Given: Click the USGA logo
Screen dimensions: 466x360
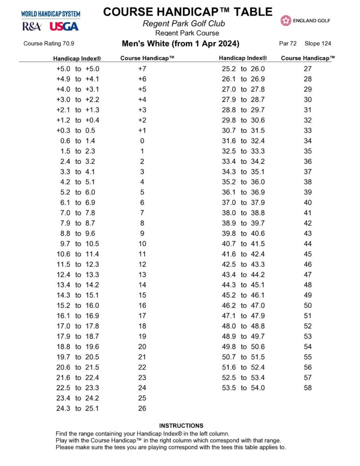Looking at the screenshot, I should point(63,26).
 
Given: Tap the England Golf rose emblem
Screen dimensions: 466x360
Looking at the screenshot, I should point(286,21).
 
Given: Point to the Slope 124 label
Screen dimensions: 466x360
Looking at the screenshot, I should point(318,44).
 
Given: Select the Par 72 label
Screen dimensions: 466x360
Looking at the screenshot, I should point(288,44).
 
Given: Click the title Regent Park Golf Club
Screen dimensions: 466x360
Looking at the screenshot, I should point(184,24).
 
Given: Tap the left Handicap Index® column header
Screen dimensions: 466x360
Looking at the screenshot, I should point(77,58).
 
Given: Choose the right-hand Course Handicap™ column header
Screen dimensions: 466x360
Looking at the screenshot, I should point(308,58).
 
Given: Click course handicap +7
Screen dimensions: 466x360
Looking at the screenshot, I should point(142,69).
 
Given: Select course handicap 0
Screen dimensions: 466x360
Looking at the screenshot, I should point(142,141).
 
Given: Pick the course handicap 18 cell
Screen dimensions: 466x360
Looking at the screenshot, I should point(142,326).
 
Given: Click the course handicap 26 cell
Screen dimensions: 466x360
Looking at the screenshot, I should point(142,408).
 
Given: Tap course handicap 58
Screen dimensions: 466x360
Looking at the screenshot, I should point(308,388).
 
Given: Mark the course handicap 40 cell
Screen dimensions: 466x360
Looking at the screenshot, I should point(308,203).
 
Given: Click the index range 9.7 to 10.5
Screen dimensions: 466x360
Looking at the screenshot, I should point(78,244).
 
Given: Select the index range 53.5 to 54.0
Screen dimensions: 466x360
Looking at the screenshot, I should point(243,388).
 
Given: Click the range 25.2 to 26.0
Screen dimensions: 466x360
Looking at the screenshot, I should point(243,69).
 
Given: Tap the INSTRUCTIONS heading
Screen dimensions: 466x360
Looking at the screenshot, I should point(181,426).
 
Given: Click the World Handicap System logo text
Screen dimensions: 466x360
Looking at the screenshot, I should point(51,15).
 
